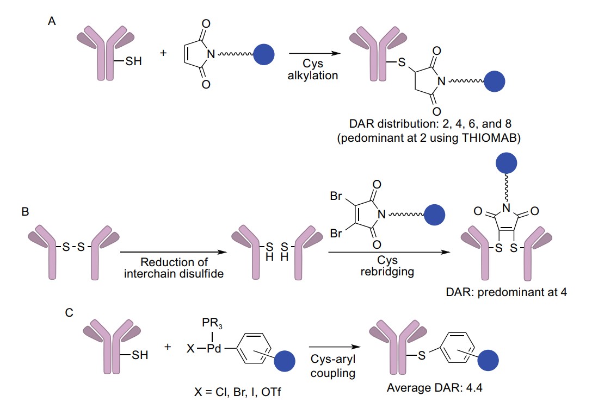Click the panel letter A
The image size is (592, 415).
pyautogui.click(x=51, y=23)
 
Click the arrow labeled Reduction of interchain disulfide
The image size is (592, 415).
pyautogui.click(x=173, y=251)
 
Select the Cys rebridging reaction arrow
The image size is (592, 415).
pyautogui.click(x=387, y=251)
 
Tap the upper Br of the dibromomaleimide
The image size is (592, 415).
pyautogui.click(x=336, y=197)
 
